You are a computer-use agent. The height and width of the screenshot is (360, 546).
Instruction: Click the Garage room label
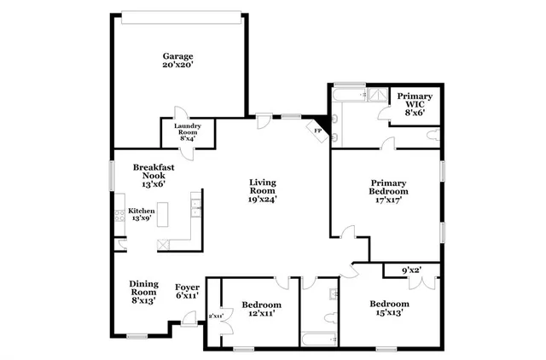coord(178,61)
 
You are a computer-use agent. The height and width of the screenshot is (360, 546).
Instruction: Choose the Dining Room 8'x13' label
coord(143,292)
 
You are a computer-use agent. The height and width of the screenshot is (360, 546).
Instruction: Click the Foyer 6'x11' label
coord(188,291)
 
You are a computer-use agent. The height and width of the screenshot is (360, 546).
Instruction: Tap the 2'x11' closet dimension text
coord(214,316)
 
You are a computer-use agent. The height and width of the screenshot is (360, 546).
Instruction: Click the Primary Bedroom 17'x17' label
coord(387,192)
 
